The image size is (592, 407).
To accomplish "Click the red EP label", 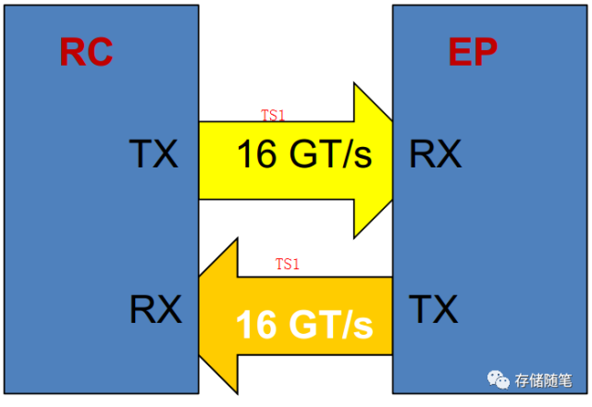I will pyautogui.click(x=473, y=53).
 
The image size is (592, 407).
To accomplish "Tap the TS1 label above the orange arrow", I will pyautogui.click(x=288, y=265).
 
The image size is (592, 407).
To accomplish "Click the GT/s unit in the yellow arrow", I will pyautogui.click(x=329, y=155).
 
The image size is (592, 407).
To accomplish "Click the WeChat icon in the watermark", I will pyautogui.click(x=499, y=379).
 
